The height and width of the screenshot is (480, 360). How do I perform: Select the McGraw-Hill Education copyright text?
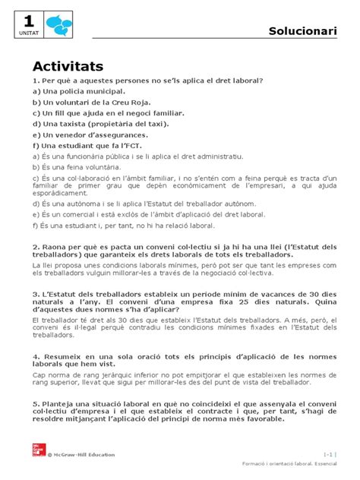pos(82,454)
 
